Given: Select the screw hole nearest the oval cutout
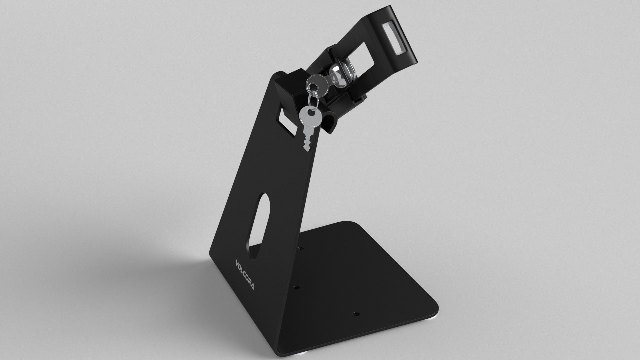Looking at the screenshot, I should pyautogui.click(x=301, y=248).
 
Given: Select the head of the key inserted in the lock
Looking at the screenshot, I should pyautogui.click(x=314, y=82).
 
